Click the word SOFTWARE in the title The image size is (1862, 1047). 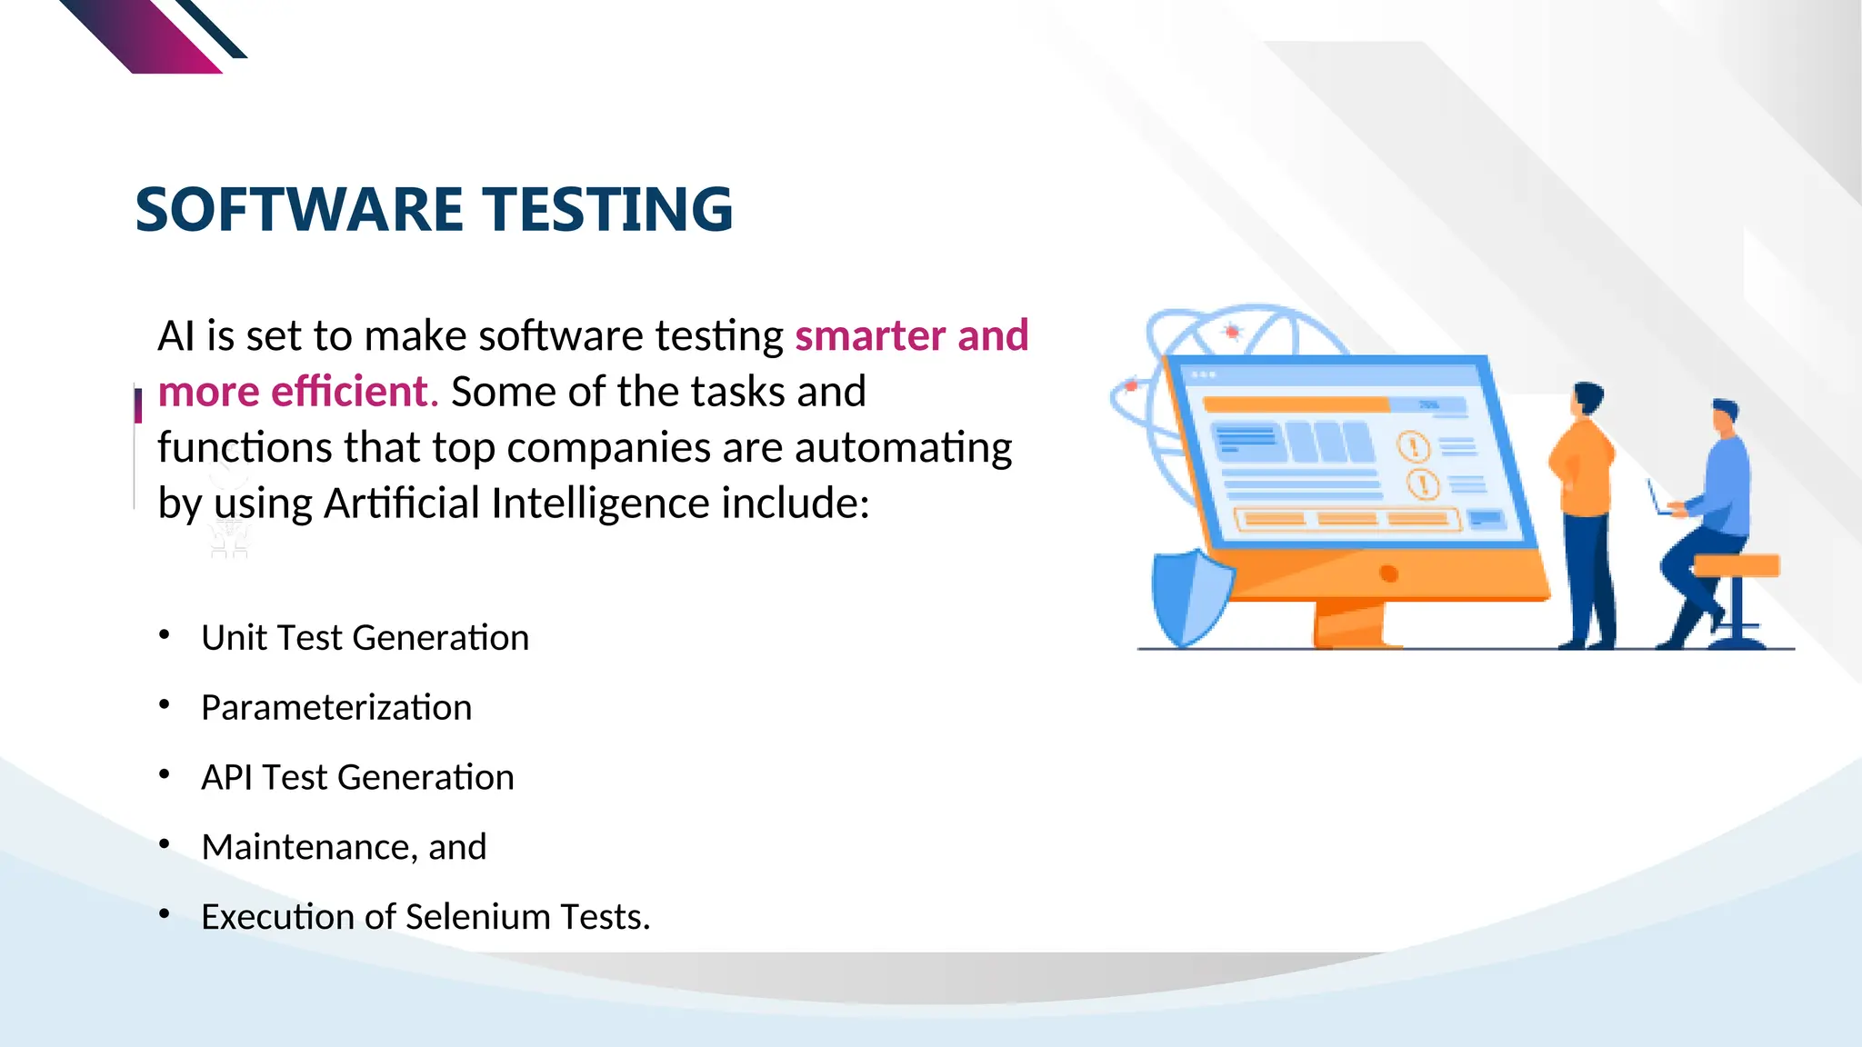point(300,210)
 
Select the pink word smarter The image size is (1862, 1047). point(870,335)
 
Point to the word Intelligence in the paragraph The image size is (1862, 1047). point(599,503)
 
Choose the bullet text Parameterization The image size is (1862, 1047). point(336,707)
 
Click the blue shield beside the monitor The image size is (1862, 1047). point(1186,595)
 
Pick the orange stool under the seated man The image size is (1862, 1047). point(1736,566)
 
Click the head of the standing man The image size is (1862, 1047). point(1587,400)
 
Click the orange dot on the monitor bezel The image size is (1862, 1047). point(1388,573)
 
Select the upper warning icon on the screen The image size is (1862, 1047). point(1414,446)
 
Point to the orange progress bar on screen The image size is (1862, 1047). point(1296,404)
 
